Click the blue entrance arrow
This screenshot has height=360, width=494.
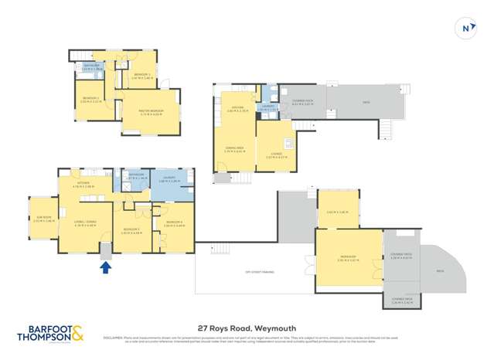[x=106, y=267]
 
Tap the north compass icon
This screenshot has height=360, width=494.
[x=465, y=29]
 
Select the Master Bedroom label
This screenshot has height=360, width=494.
[x=151, y=111]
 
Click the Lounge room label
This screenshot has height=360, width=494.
[x=273, y=156]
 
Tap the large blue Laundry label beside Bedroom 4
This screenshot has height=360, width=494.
[x=169, y=179]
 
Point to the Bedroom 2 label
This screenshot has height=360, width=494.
[x=91, y=100]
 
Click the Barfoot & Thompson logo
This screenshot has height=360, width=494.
[x=51, y=335]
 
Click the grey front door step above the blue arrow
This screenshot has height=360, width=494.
[x=106, y=251]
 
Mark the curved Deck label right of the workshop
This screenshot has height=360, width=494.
[x=440, y=271]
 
